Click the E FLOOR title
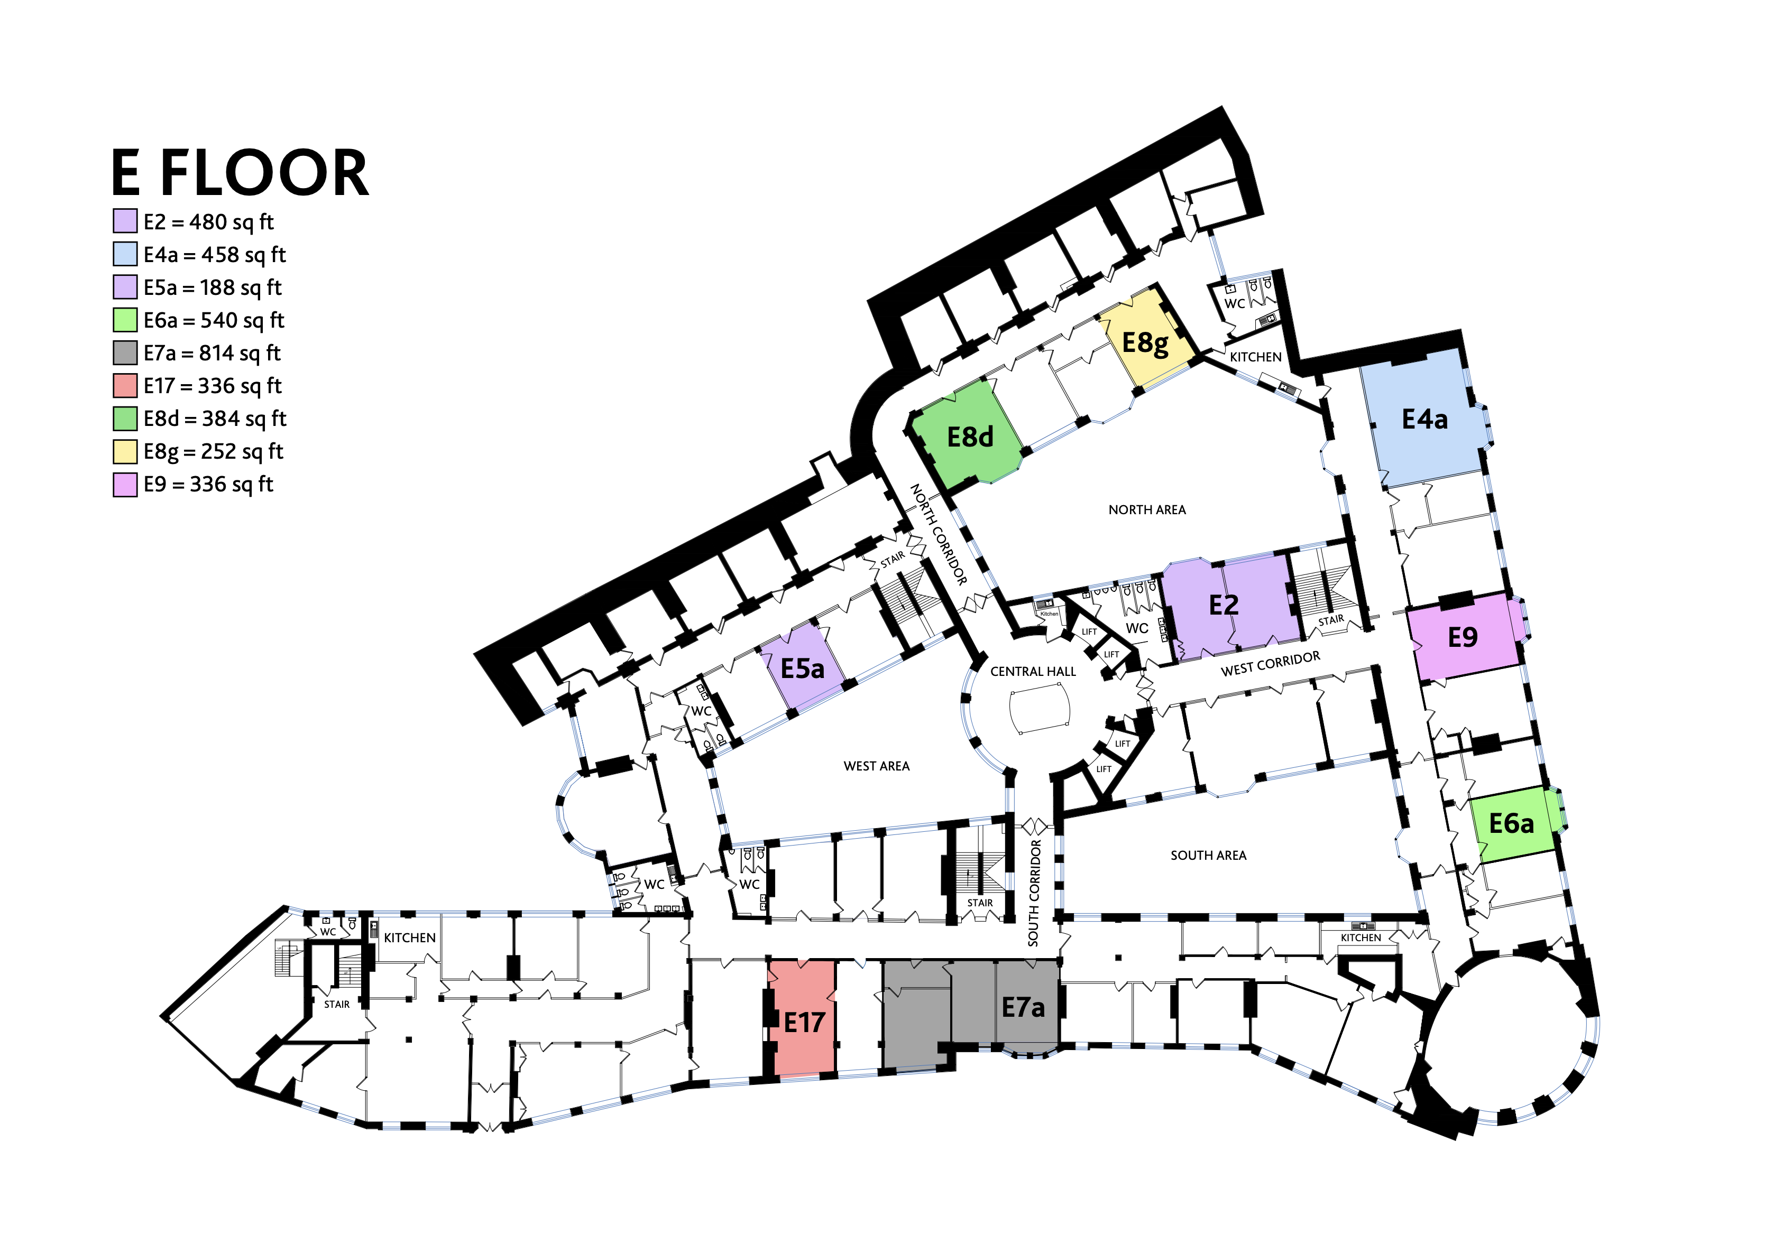pyautogui.click(x=240, y=173)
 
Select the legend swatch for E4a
pyautogui.click(x=125, y=254)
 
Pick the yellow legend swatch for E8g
pyautogui.click(x=125, y=452)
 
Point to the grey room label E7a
pyautogui.click(x=1023, y=1007)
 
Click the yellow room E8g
pyautogui.click(x=1145, y=341)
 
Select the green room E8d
pyautogui.click(x=969, y=437)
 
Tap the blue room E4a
pyautogui.click(x=1424, y=419)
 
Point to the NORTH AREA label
pyautogui.click(x=1146, y=509)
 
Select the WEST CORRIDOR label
pyautogui.click(x=1270, y=663)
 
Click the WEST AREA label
pyautogui.click(x=876, y=766)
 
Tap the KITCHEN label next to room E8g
pyautogui.click(x=1255, y=357)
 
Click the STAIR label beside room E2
pyautogui.click(x=1331, y=620)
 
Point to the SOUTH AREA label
pyautogui.click(x=1208, y=855)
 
